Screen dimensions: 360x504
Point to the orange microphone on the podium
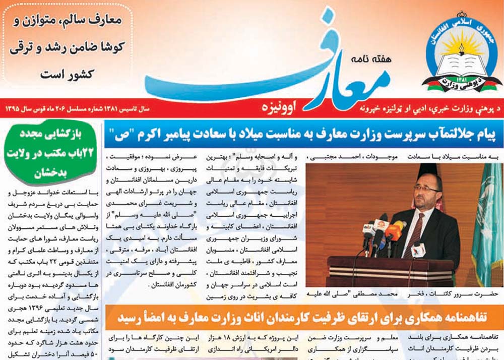[395, 230]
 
